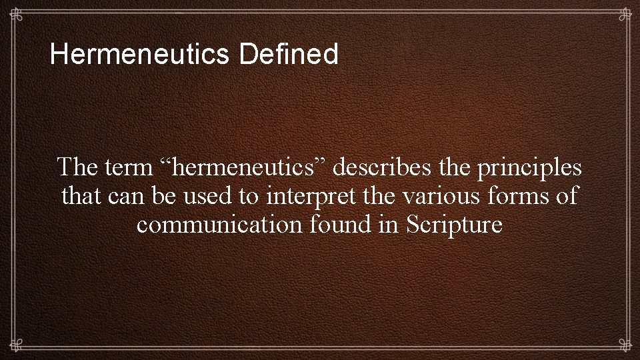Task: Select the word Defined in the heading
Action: (289, 55)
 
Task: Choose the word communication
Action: (220, 225)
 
